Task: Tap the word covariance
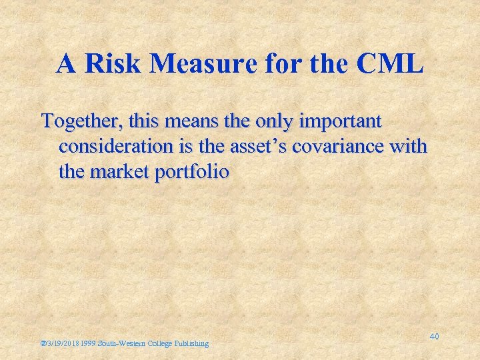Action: point(347,147)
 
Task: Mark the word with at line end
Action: point(408,147)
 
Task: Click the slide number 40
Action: point(434,337)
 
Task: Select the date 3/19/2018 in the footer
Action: point(64,343)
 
